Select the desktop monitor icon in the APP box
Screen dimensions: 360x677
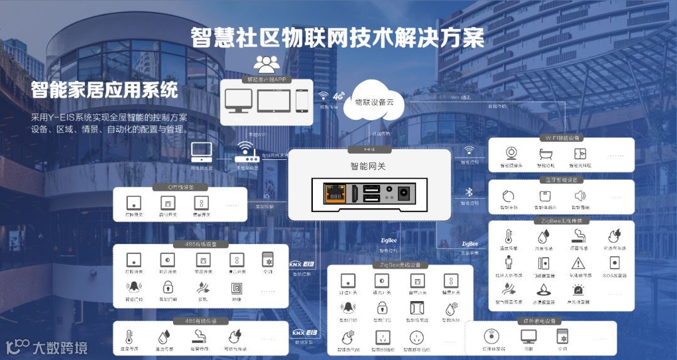239,100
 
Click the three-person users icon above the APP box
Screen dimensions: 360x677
267,63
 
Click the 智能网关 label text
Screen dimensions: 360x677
369,167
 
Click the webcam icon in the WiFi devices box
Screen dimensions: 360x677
512,154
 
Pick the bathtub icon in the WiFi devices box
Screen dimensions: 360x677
545,154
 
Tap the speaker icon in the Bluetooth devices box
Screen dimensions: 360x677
579,196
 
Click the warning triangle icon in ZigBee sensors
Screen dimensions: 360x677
578,263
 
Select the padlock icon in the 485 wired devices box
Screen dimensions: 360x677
167,287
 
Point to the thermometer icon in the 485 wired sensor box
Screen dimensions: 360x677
129,336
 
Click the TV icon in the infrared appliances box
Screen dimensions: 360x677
528,336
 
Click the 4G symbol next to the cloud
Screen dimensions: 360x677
338,97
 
